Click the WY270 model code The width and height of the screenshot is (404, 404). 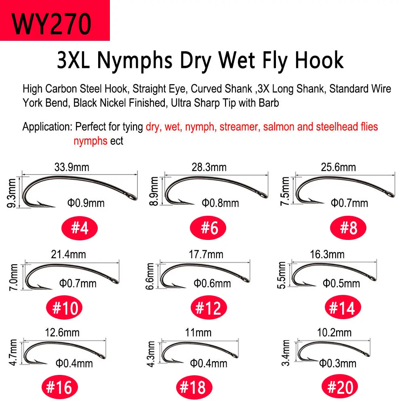coord(52,23)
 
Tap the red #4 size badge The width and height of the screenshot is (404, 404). coord(79,228)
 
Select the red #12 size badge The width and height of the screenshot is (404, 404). coord(208,307)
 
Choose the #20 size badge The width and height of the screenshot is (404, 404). coord(340,387)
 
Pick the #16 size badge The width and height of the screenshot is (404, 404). coord(59,387)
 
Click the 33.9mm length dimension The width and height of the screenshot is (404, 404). coord(72,167)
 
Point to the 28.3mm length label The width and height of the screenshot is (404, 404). coord(209,167)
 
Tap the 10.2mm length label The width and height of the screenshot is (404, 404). coord(334,332)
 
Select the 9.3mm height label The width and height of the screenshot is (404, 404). coord(12,193)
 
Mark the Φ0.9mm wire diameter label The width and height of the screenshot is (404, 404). coord(86,203)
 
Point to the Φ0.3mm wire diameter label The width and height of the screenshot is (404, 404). coord(338,364)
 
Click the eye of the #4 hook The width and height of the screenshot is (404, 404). coord(132,197)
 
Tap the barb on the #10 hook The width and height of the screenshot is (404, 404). coord(40,286)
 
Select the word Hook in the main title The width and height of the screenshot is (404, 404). coord(319,60)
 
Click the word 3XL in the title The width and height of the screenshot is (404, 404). coord(74,60)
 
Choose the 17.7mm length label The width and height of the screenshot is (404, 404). coord(206,255)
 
